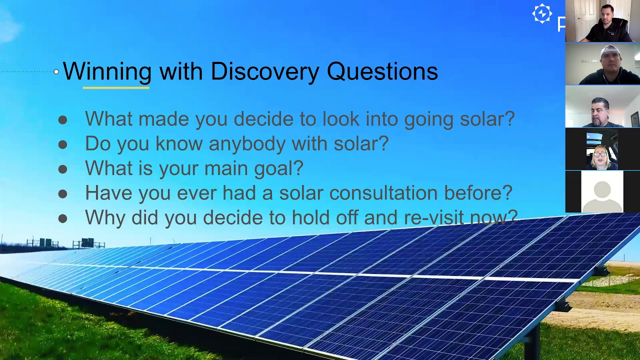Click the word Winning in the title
(x=107, y=71)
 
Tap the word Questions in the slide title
(x=382, y=71)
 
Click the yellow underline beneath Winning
(x=116, y=87)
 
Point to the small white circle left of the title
(x=56, y=72)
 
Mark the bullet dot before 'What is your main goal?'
(x=62, y=169)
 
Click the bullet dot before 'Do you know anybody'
(x=62, y=144)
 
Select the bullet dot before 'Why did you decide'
(x=62, y=218)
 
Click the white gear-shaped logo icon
(x=542, y=14)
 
